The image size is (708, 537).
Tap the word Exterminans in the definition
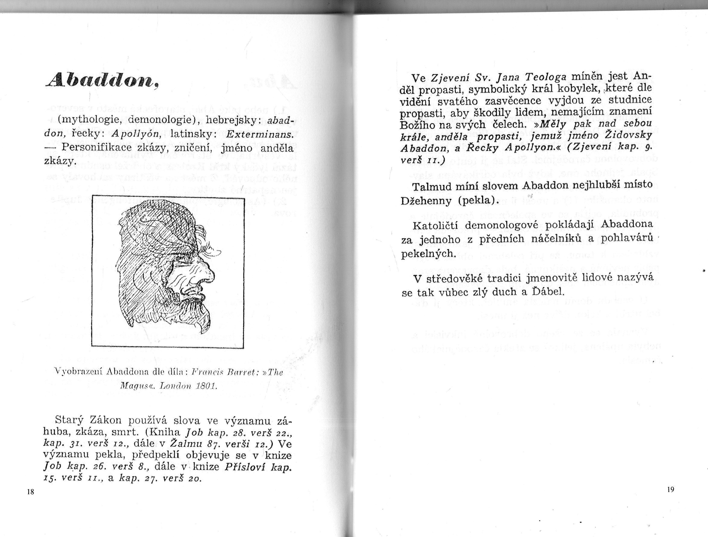pos(260,134)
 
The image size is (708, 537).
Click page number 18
pos(31,492)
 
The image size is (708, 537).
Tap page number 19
pos(671,489)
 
